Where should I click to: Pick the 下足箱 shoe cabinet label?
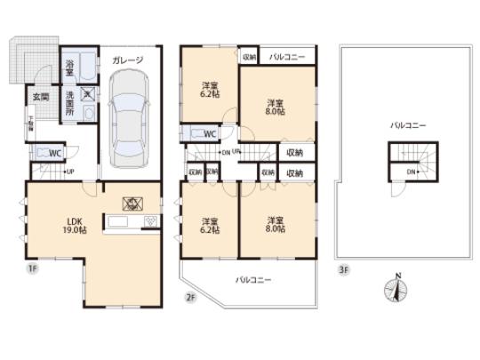tap(30, 124)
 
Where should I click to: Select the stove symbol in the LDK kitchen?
tap(126, 202)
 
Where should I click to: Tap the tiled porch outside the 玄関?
tap(28, 58)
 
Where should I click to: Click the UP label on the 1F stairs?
tap(69, 171)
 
